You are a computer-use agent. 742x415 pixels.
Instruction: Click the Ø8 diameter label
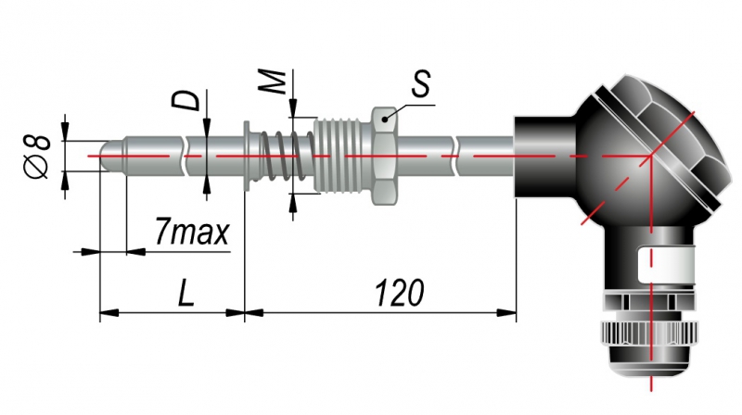click(37, 157)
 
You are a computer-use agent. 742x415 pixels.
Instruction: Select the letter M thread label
click(272, 82)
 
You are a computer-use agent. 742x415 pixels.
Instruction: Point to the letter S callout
click(420, 83)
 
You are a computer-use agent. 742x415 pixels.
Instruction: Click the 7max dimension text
click(192, 232)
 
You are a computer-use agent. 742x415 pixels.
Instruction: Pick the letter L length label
click(186, 293)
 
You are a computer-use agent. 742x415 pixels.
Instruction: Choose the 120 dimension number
click(399, 293)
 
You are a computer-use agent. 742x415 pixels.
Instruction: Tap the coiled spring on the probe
click(287, 156)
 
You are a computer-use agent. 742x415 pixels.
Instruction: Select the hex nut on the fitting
click(384, 156)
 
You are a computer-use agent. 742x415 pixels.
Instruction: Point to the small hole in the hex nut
click(385, 119)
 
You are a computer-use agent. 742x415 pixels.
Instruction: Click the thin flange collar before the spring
click(248, 156)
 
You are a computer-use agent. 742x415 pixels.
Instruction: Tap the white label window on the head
click(666, 266)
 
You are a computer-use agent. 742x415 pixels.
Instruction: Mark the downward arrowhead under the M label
click(293, 107)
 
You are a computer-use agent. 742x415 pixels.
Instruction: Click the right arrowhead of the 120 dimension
click(506, 312)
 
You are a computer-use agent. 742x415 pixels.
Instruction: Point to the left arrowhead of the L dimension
click(109, 312)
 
